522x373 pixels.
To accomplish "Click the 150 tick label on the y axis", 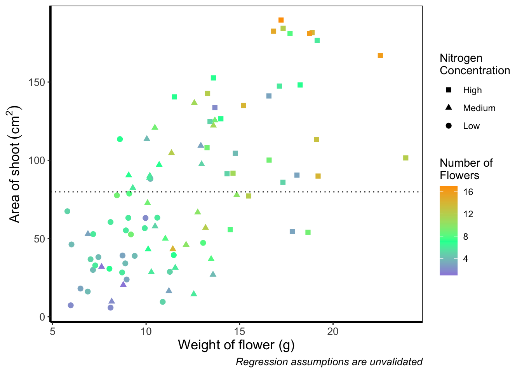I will [37, 82].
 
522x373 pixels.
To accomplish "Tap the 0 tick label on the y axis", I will [42, 317].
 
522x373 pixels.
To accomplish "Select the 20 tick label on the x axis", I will [333, 331].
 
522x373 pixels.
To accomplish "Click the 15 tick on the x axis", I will [240, 322].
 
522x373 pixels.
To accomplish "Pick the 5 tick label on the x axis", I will [52, 331].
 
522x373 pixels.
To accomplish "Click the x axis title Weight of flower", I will [236, 345].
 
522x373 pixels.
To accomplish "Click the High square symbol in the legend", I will [449, 90].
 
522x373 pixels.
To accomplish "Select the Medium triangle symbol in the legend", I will [449, 108].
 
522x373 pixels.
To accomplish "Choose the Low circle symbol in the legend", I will [449, 126].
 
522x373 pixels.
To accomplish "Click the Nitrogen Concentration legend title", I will [475, 64].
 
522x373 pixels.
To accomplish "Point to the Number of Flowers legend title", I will [466, 169].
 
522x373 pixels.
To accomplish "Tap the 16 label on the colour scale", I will [468, 192].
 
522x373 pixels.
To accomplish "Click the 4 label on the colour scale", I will [465, 259].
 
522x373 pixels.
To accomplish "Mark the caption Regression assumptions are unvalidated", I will [329, 362].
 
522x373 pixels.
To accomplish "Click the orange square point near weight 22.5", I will [380, 56].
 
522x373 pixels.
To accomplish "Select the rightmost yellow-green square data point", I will [406, 158].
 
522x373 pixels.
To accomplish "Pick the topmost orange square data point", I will [281, 20].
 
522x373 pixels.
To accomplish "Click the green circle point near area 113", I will [120, 139].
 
